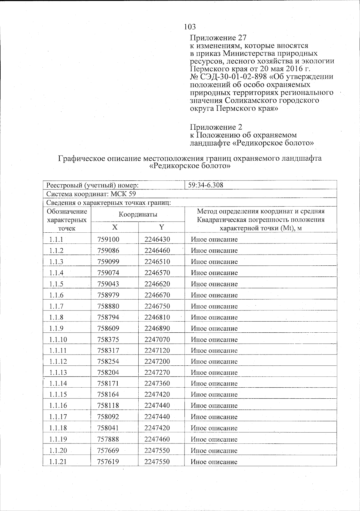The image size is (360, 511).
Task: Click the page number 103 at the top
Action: tap(190, 27)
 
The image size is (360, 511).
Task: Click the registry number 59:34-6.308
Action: tap(205, 185)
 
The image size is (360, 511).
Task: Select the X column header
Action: tap(115, 227)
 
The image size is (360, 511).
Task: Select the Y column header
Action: tap(162, 227)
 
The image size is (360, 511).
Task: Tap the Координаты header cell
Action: tap(138, 214)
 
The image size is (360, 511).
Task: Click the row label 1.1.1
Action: tap(57, 240)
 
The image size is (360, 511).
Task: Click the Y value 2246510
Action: tap(157, 262)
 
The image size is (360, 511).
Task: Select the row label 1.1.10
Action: tap(58, 340)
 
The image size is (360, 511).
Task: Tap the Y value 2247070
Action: tap(157, 340)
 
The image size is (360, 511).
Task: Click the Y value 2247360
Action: tap(157, 383)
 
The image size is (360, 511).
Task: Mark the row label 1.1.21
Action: tap(58, 462)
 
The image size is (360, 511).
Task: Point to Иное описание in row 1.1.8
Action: tap(214, 317)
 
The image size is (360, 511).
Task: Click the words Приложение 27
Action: tap(218, 38)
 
